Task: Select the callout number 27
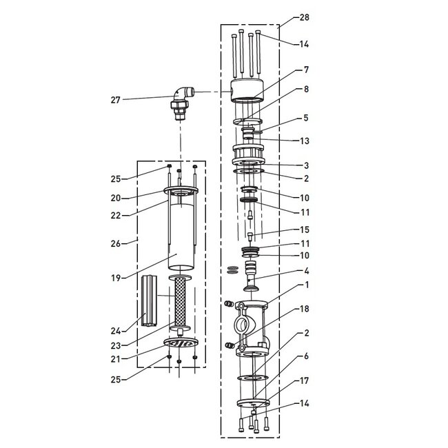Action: pos(116,100)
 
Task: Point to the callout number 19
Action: pos(116,278)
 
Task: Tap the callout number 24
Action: pos(116,332)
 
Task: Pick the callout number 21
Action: pos(116,358)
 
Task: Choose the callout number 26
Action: pos(116,243)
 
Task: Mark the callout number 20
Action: pos(116,198)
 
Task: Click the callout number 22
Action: pos(116,215)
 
